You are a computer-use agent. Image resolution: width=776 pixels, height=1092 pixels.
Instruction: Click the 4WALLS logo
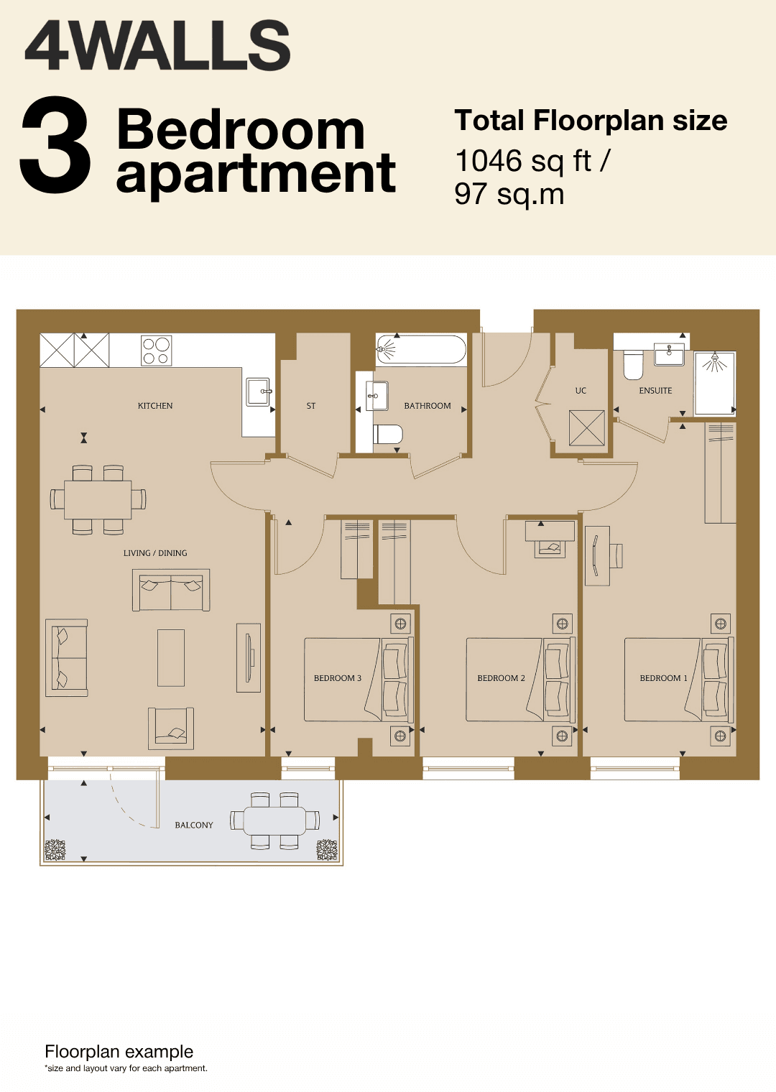click(157, 45)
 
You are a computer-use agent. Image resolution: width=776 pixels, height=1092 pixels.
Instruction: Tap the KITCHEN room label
click(155, 406)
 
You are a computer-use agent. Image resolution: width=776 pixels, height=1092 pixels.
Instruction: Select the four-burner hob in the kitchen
click(157, 351)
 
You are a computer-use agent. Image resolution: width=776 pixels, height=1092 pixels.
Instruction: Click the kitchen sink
click(259, 392)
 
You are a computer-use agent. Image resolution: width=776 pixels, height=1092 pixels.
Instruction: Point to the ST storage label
click(311, 406)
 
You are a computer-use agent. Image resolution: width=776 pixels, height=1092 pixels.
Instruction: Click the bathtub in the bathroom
click(421, 349)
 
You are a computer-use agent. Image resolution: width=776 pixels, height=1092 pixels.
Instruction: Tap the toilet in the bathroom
click(387, 434)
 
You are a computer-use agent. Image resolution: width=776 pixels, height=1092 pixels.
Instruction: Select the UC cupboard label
click(581, 391)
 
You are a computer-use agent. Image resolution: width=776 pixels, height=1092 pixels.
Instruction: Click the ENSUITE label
click(655, 391)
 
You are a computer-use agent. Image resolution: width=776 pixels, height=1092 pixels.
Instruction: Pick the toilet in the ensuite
click(633, 366)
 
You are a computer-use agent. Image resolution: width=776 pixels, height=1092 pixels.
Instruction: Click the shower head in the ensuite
click(715, 358)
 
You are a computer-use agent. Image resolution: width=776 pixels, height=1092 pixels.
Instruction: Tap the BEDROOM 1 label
click(663, 678)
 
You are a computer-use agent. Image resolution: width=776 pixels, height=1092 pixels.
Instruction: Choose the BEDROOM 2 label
click(501, 678)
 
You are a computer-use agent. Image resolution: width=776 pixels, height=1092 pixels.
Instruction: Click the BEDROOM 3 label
click(338, 678)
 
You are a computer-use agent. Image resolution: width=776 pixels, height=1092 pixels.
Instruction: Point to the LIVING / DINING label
click(155, 553)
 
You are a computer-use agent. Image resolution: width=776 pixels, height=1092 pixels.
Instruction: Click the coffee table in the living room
click(171, 657)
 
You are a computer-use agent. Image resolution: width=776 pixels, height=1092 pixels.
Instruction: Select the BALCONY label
click(194, 825)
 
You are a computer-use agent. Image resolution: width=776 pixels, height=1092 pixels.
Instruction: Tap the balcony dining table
click(275, 820)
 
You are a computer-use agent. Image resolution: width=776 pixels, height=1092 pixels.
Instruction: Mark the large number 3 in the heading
click(55, 144)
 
